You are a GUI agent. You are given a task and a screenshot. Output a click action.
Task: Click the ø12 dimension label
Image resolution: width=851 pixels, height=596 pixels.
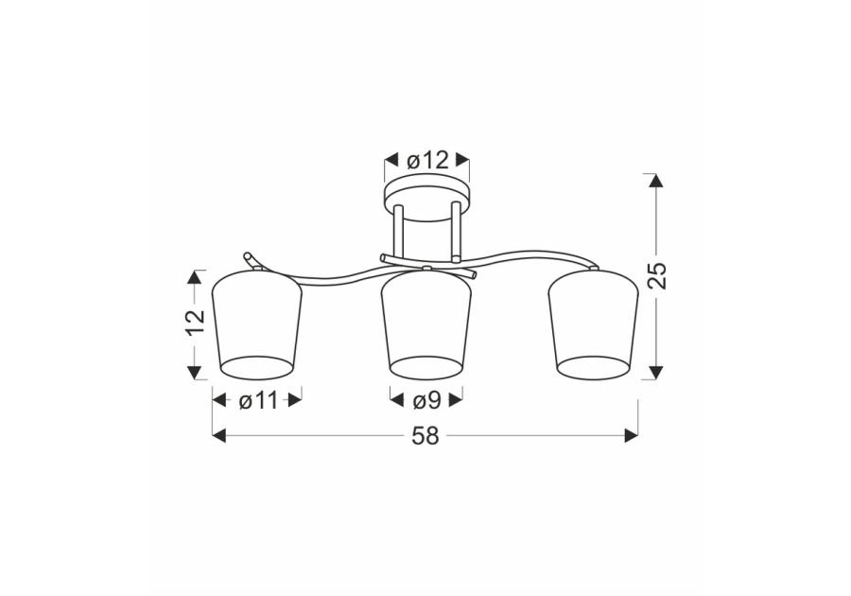click(427, 161)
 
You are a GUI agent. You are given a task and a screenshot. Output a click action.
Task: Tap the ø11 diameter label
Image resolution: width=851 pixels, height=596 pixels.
click(258, 401)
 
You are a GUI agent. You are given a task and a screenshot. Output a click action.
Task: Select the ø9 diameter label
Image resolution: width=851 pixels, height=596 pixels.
click(426, 401)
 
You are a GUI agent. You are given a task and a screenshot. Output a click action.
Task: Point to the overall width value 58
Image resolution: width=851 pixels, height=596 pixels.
click(425, 436)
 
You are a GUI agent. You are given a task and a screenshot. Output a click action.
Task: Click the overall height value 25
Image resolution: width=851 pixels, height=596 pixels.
click(657, 275)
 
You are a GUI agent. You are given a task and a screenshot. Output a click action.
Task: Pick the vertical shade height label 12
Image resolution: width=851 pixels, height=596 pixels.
click(195, 324)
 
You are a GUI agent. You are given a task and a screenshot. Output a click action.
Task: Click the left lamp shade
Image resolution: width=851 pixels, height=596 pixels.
click(255, 324)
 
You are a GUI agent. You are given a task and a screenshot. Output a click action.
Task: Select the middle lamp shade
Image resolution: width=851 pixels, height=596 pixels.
click(426, 324)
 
